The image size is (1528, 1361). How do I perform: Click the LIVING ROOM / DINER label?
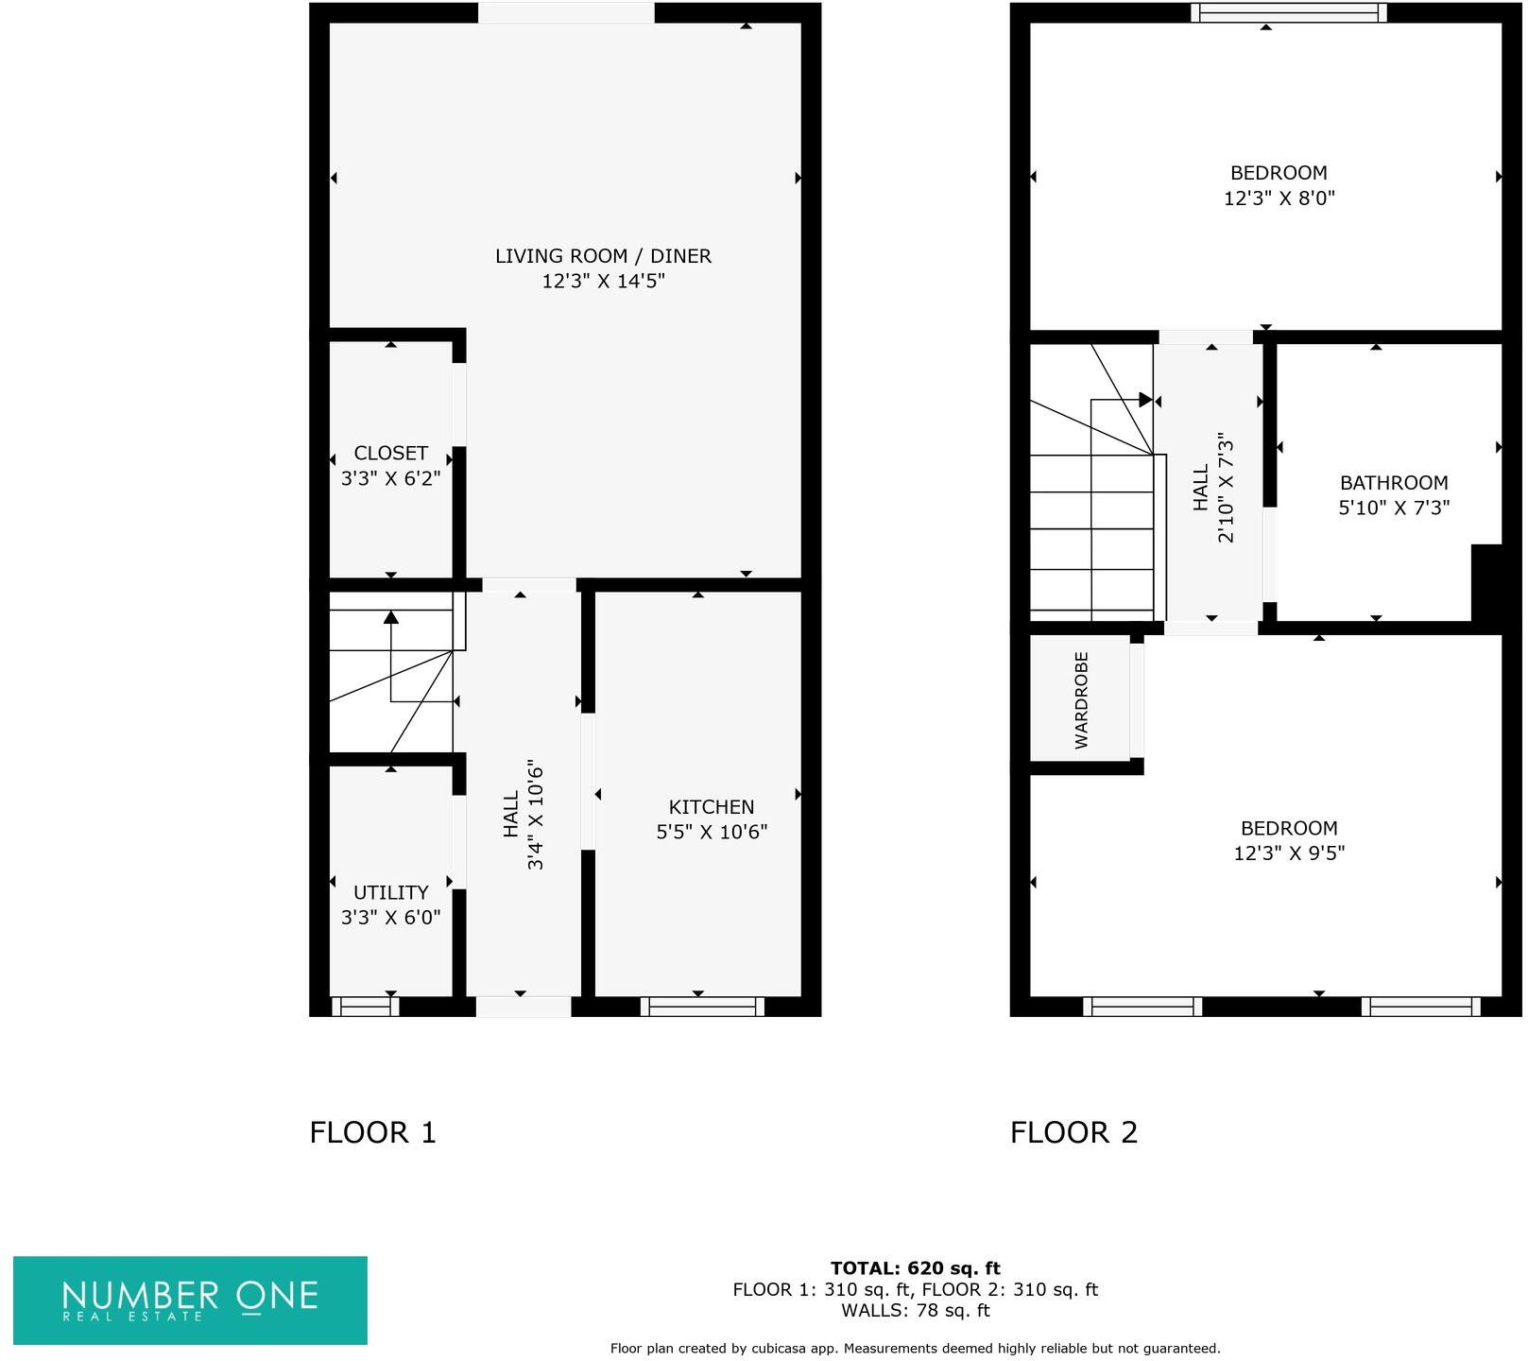603,256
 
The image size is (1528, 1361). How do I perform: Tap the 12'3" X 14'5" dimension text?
603,282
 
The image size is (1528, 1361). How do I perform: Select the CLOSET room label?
390,454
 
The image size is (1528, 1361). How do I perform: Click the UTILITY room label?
390,893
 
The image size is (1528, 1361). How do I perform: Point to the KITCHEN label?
711,807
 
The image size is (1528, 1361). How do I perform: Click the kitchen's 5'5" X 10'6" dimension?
711,833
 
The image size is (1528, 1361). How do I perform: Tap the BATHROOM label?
1393,483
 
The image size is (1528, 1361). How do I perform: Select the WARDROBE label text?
1082,700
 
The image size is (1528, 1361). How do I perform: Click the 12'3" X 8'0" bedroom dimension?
1278,198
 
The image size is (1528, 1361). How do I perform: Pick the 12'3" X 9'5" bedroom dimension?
1288,853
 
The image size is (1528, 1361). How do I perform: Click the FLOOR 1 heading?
372,1132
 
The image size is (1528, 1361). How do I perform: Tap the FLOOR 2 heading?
1073,1132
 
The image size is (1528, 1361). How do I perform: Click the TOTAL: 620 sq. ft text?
915,1268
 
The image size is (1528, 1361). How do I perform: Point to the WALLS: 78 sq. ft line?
915,1311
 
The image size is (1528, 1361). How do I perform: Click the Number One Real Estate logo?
190,1300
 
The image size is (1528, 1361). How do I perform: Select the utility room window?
365,1008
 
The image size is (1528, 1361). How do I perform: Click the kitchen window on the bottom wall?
702,1008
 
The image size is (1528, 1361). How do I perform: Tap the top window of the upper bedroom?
1288,12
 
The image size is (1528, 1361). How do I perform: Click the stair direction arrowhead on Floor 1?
390,617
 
